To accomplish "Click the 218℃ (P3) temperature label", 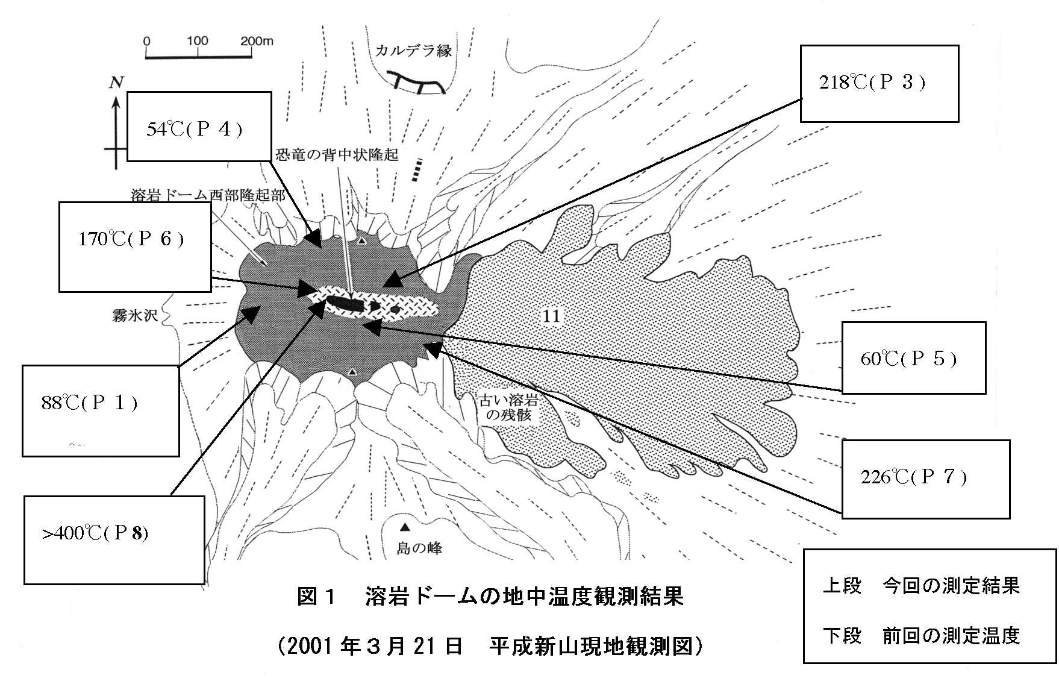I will point(872,83).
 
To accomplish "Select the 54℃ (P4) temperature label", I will point(195,129).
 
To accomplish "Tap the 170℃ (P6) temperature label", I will point(131,239).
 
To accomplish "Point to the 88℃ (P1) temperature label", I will point(89,403).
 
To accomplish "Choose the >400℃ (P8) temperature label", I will point(95,533).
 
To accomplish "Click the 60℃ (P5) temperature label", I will point(908,359).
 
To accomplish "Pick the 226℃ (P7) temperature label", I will point(913,477).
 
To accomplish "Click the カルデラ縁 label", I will point(413,51).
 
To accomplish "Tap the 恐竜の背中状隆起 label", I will point(337,155).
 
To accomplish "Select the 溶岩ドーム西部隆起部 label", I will point(208,195).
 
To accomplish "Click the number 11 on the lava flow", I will point(551,315).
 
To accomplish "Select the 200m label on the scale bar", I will point(257,41).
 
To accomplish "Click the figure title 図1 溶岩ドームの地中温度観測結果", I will point(490,597).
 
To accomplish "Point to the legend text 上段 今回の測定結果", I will point(921,586).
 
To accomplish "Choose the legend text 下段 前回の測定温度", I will point(921,636).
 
